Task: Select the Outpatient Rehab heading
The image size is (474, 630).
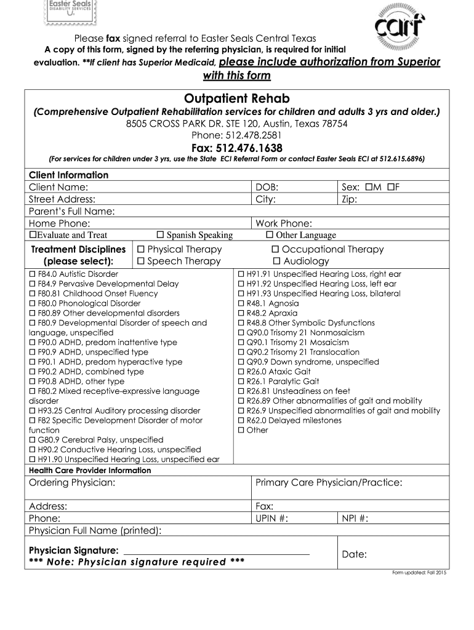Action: pos(237,98)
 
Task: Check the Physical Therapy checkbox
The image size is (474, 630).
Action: pos(140,249)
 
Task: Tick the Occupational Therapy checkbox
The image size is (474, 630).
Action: pos(276,249)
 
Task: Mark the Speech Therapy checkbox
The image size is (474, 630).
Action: pos(140,261)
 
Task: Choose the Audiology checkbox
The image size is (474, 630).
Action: pos(276,261)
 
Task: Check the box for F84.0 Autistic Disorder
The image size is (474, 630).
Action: pos(33,274)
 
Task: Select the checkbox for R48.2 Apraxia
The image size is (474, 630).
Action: pos(241,313)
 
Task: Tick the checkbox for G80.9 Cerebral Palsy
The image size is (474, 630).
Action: pos(33,440)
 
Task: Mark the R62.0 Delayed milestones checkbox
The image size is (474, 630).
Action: pos(241,420)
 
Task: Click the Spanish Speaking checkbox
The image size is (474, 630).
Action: pos(160,235)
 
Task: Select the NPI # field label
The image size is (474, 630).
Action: pos(355,518)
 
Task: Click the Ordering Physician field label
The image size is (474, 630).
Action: pos(72,482)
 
